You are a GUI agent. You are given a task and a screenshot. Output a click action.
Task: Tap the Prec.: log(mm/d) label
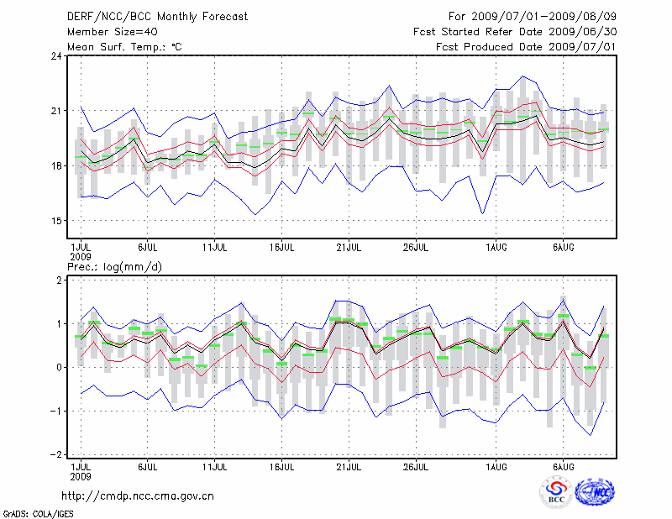[114, 266]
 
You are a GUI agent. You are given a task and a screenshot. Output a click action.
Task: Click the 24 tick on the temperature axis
[56, 56]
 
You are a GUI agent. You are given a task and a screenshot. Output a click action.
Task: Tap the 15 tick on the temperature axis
[56, 221]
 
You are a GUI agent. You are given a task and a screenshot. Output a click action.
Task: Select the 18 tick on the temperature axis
[56, 166]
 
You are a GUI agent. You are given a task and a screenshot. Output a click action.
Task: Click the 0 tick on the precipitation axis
[59, 367]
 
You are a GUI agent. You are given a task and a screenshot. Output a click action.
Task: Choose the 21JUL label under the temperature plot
[349, 247]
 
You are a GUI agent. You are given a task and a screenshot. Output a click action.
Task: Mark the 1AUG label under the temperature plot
[497, 247]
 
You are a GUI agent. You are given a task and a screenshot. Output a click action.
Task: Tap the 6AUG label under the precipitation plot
[564, 465]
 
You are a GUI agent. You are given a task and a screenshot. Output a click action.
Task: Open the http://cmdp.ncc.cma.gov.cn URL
[139, 496]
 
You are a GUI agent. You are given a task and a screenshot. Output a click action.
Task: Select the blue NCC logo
[595, 493]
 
